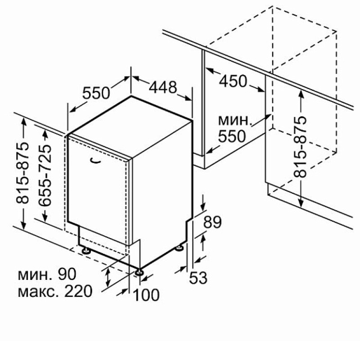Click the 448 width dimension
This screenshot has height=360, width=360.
click(x=163, y=87)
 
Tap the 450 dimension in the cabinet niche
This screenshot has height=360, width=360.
click(x=233, y=81)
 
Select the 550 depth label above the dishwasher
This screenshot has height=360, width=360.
click(x=96, y=93)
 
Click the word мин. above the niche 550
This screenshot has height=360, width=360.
click(x=234, y=120)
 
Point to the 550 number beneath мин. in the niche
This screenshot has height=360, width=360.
click(x=232, y=136)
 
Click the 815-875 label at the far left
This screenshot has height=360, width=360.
click(x=22, y=173)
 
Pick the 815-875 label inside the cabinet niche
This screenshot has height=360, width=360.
click(x=300, y=147)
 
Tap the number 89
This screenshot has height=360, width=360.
click(x=212, y=222)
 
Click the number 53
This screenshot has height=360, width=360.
click(x=198, y=278)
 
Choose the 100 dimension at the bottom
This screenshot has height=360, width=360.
click(x=146, y=295)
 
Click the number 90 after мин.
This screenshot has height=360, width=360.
click(x=67, y=274)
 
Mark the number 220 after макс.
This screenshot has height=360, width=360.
click(x=78, y=291)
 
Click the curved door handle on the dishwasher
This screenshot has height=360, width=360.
click(x=95, y=161)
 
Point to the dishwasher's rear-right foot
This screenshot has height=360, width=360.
click(x=179, y=248)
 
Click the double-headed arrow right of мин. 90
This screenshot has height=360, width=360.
click(x=108, y=278)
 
